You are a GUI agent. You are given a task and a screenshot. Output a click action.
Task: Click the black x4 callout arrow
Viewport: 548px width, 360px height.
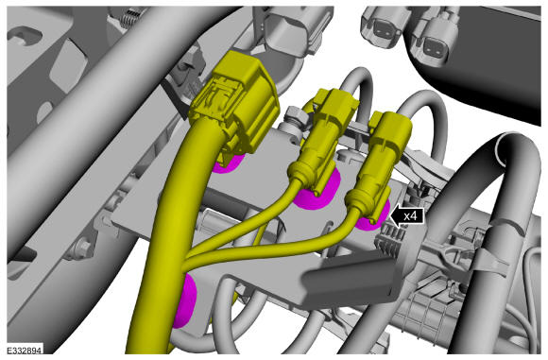tap(408, 216)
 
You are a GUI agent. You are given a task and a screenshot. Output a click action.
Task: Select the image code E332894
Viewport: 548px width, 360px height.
tap(25, 351)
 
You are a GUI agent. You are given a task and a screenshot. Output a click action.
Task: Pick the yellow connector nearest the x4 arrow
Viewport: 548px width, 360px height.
tap(376, 164)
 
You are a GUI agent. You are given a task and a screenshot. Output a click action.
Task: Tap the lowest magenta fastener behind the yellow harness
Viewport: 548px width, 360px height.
tap(184, 300)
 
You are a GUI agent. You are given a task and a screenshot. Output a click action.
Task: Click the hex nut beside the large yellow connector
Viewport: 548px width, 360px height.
tap(297, 118)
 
